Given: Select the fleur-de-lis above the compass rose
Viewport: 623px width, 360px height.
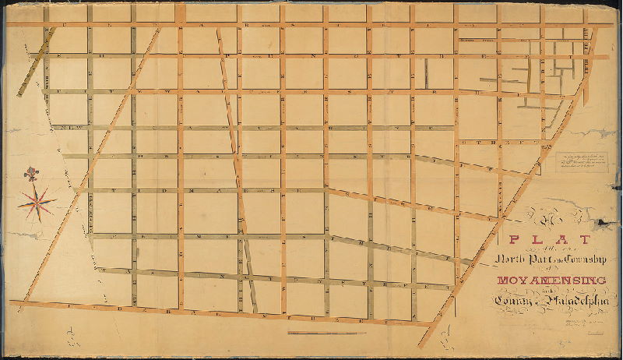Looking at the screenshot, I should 31,173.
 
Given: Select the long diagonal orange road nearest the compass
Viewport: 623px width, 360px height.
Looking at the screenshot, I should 78,195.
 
